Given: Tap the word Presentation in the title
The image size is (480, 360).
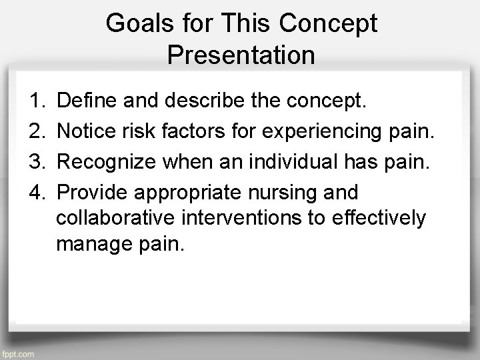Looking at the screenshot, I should [x=241, y=55].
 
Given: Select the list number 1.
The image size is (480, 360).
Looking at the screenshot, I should [x=37, y=101].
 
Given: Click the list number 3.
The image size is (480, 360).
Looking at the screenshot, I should [x=37, y=162].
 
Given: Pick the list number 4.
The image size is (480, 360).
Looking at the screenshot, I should [x=37, y=193].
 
